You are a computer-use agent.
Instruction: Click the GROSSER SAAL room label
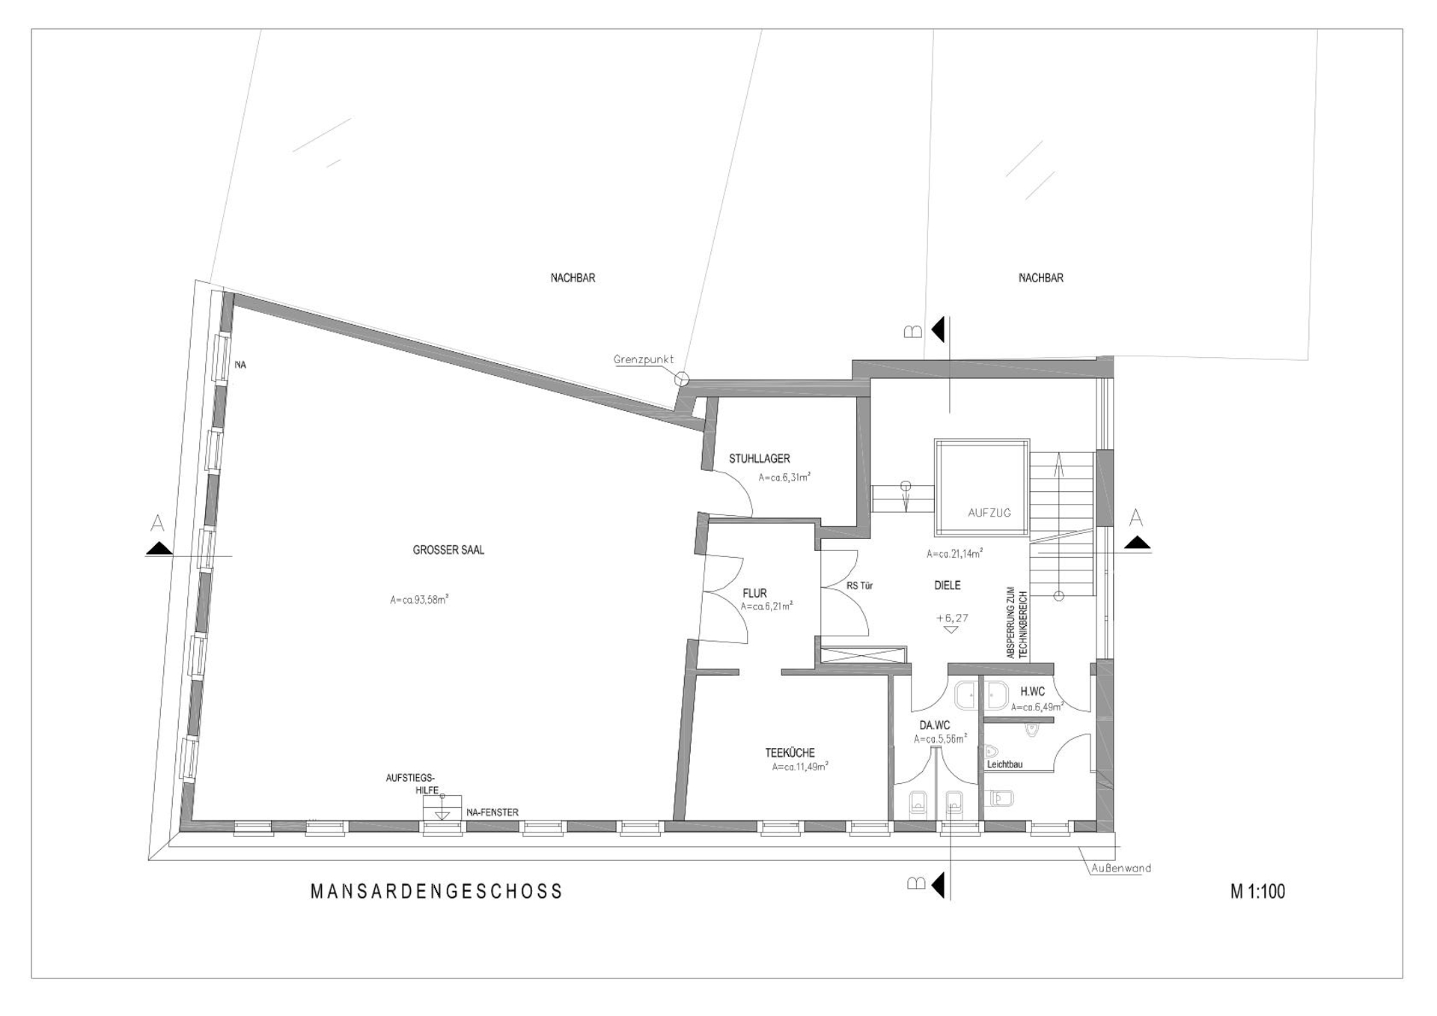[448, 550]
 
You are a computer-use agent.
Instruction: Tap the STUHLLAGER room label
[759, 458]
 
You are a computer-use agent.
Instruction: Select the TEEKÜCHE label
[790, 752]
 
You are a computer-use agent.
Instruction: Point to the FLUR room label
[754, 593]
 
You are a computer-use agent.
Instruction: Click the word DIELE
[947, 585]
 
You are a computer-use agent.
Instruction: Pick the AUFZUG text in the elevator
[989, 513]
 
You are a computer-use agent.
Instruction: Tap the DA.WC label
[934, 725]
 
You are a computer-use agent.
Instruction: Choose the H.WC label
[1032, 692]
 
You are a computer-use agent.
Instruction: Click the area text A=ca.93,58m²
[419, 599]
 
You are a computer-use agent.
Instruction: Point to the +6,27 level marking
[952, 618]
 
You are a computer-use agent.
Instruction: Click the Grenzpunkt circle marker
[681, 380]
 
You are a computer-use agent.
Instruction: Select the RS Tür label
[859, 585]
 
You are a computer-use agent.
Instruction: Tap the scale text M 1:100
[1257, 891]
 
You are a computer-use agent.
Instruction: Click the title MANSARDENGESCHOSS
[436, 891]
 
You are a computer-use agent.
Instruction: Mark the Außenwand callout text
[1120, 869]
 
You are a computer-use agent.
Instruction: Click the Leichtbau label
[1004, 764]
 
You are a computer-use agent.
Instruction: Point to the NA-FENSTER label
[492, 812]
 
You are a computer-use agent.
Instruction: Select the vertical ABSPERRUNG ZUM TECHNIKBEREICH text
[1017, 622]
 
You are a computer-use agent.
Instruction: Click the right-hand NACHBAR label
[1040, 278]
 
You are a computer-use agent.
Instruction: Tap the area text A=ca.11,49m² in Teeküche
[800, 767]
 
